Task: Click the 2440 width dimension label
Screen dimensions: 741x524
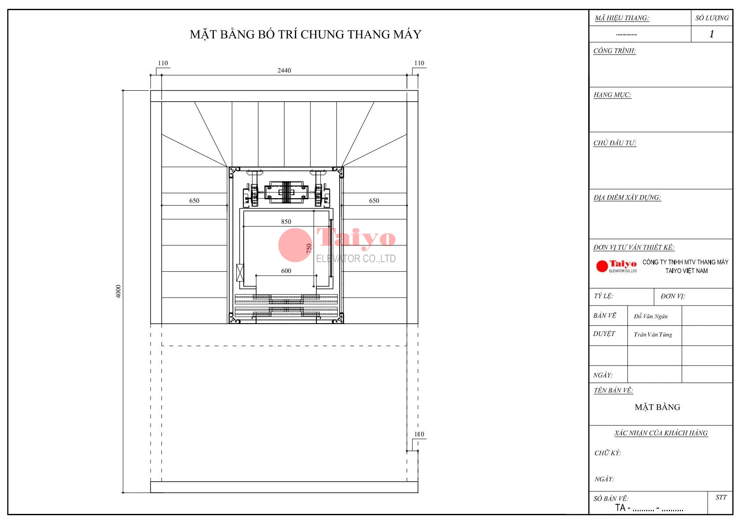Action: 284,70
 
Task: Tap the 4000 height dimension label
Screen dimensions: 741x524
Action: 118,292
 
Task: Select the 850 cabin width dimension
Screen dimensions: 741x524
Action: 286,222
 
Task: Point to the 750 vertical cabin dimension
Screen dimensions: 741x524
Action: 309,248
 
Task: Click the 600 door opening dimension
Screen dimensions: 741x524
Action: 286,271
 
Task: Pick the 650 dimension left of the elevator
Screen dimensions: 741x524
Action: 194,201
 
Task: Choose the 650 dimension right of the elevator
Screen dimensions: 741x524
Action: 374,201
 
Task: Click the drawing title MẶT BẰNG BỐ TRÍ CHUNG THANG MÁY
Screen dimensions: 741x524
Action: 306,34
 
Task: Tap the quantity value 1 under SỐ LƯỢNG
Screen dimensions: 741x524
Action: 712,34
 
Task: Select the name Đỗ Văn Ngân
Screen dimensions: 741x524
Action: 651,317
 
